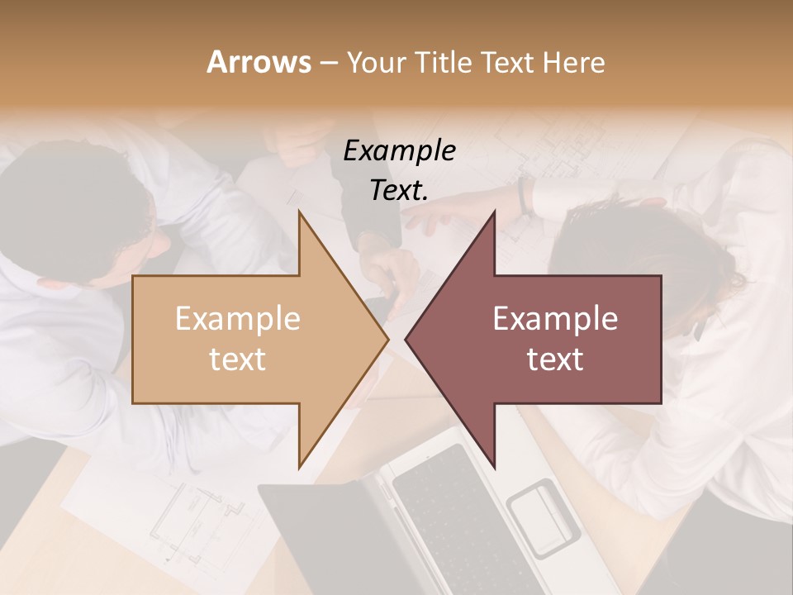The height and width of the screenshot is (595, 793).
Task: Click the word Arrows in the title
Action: (259, 62)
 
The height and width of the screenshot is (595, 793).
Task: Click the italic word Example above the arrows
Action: (400, 150)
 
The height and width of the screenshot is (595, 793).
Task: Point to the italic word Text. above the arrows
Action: (400, 190)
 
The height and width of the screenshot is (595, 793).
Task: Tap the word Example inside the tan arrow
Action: (238, 319)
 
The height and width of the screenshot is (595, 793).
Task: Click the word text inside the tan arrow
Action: (238, 359)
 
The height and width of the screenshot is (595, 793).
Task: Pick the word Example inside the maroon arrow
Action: (555, 319)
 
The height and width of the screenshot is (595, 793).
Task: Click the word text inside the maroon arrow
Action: (555, 359)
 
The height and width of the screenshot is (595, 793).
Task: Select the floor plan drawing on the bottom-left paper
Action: (190, 521)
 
